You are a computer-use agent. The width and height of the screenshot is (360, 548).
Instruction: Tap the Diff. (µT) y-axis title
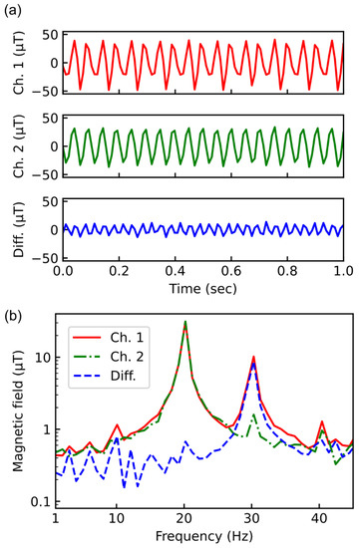click(13, 228)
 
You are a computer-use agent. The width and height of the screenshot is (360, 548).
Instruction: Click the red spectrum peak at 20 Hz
click(184, 322)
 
